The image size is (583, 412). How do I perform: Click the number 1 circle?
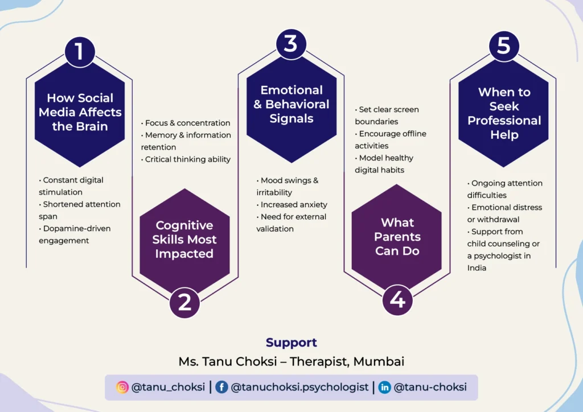80,51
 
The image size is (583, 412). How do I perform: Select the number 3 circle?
291,43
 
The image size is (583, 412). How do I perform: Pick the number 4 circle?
397,299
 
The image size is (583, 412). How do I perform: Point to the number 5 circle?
503,46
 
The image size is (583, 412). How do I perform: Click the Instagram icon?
122,387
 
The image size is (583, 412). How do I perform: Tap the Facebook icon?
221,387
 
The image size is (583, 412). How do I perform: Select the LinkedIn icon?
385,387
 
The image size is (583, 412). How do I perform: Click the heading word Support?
291,343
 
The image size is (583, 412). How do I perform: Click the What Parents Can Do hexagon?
397,237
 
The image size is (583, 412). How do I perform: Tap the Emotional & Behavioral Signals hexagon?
291,105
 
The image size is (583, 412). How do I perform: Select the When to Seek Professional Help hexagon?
503,113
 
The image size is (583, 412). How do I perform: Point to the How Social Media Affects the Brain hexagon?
80,113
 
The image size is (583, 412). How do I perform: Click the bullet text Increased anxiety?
293,204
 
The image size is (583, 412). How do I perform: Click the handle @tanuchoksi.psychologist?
299,387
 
